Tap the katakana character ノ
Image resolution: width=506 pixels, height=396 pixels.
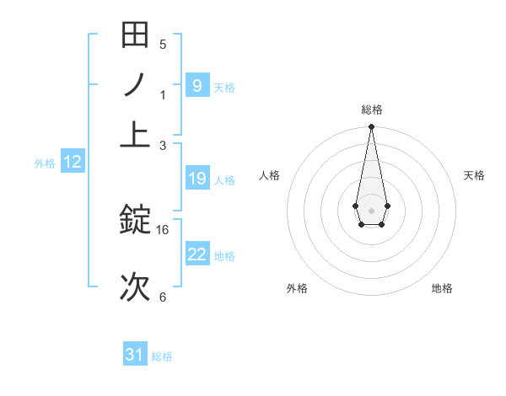[135, 85]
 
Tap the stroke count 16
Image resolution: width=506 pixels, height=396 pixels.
[163, 229]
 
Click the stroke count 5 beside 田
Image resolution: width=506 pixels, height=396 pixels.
[163, 45]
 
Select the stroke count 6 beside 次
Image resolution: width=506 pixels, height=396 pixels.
[163, 297]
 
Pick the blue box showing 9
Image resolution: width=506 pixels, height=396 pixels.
[196, 85]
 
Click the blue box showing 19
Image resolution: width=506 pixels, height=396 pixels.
[196, 179]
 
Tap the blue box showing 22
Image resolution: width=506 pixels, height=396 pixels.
[196, 254]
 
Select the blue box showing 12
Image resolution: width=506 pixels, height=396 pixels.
[72, 163]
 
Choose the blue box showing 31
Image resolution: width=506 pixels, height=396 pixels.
[135, 355]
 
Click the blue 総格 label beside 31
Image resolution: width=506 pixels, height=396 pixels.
[162, 356]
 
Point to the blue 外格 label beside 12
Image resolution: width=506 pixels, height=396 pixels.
[45, 163]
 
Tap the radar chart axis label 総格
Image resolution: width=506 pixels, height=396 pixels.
[371, 110]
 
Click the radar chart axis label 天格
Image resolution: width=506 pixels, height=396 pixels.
[474, 175]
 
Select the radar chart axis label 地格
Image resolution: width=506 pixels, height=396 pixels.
[442, 288]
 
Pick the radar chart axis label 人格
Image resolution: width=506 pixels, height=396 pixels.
[270, 175]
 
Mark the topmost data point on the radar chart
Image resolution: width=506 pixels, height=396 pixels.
[371, 127]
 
